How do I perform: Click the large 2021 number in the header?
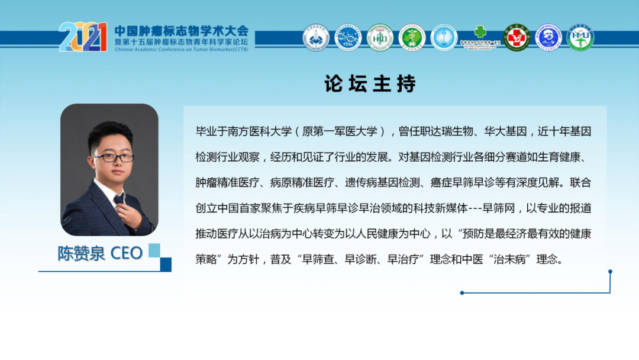83,37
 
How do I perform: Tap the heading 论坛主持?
370,84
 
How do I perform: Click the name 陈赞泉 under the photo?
81,253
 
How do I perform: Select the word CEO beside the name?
127,253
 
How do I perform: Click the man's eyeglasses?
112,157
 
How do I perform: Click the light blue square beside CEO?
154,249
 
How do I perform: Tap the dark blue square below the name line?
166,264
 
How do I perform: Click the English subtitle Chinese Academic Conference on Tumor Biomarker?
182,50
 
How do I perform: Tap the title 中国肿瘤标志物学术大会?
182,30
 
